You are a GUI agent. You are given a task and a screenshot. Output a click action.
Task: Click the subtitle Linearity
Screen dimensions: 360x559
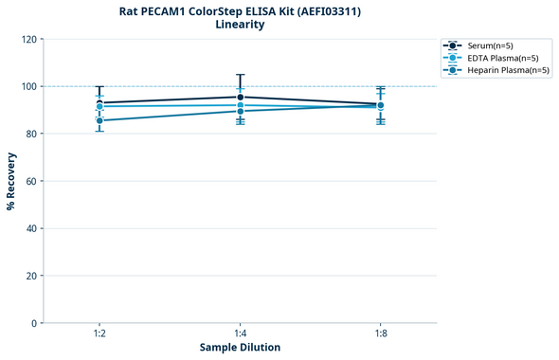click(x=240, y=25)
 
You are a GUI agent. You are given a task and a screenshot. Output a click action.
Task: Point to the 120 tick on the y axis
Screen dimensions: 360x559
click(x=28, y=39)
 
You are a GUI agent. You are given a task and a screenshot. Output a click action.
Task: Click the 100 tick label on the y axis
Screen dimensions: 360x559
click(x=28, y=86)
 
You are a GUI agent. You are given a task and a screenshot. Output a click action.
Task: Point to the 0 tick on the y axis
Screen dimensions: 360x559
click(x=34, y=323)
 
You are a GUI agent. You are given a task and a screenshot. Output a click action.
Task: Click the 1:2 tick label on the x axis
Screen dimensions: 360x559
click(x=99, y=333)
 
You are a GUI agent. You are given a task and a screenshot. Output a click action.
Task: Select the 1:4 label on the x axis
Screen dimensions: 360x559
click(x=240, y=333)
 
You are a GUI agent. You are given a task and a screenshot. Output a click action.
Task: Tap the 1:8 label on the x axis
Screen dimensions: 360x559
click(x=380, y=333)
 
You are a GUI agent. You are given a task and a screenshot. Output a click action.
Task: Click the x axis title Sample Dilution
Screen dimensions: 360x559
click(x=240, y=348)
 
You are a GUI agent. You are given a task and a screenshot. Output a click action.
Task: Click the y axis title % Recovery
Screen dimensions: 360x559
click(x=11, y=181)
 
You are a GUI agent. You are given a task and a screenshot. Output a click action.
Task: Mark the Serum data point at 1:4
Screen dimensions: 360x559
click(x=240, y=97)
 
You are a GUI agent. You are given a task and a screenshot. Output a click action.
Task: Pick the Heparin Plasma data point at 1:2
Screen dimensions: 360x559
click(x=99, y=120)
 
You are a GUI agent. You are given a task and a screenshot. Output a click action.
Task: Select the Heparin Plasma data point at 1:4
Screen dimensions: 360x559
click(x=240, y=111)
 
